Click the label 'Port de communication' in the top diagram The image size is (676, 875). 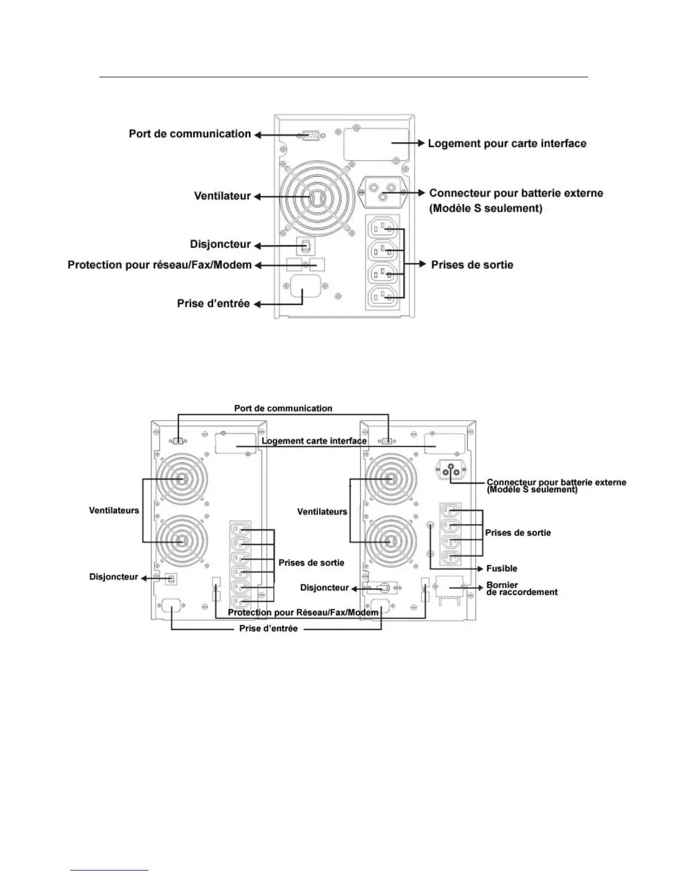click(190, 134)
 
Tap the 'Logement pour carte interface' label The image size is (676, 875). click(507, 144)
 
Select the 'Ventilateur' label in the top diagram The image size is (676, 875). click(222, 196)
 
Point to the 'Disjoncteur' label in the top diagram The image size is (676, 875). click(220, 244)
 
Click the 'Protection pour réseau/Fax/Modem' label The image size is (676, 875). click(160, 265)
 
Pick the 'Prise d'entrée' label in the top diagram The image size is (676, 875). click(213, 303)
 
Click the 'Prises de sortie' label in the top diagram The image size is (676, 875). click(472, 265)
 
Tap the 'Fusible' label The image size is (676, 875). click(501, 568)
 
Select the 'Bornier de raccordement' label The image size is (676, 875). click(521, 588)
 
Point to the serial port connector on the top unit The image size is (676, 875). click(311, 134)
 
